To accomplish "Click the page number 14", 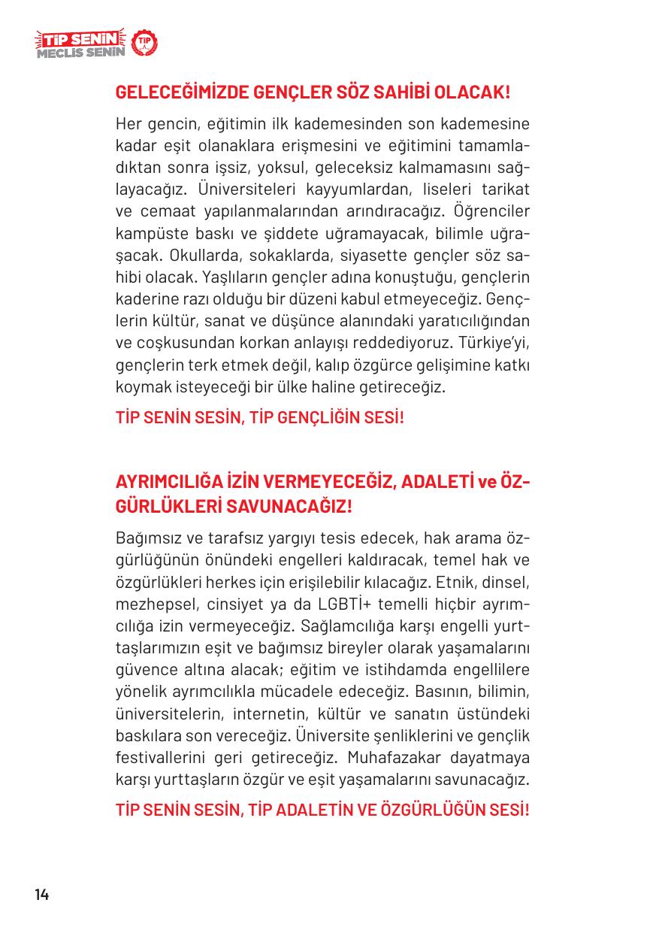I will [41, 895].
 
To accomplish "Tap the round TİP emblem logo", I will [144, 44].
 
